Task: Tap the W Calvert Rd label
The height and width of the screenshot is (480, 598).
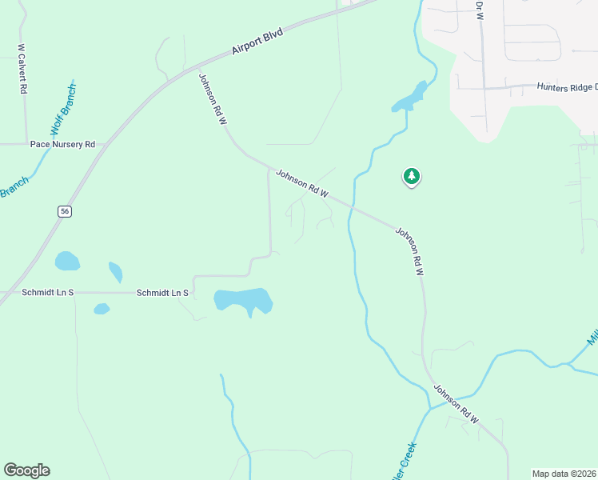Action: [22, 70]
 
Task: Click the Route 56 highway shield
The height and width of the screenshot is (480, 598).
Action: [65, 210]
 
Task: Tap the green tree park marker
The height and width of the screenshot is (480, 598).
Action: [411, 176]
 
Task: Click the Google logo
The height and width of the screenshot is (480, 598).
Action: [26, 470]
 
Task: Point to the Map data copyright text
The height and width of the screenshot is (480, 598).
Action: [564, 474]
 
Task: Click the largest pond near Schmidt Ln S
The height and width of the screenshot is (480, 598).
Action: [243, 301]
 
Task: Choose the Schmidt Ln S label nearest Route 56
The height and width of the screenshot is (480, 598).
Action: [48, 293]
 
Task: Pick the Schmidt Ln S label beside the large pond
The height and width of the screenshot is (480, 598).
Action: [162, 294]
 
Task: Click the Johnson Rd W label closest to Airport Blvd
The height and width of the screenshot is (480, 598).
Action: [213, 98]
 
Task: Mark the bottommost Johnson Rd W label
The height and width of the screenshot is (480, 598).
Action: [456, 405]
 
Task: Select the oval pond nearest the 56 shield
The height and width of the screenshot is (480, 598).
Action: [67, 261]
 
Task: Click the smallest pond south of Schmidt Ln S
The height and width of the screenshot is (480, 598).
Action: [102, 309]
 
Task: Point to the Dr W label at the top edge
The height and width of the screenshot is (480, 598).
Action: [480, 10]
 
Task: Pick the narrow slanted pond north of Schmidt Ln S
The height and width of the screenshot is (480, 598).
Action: [115, 272]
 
